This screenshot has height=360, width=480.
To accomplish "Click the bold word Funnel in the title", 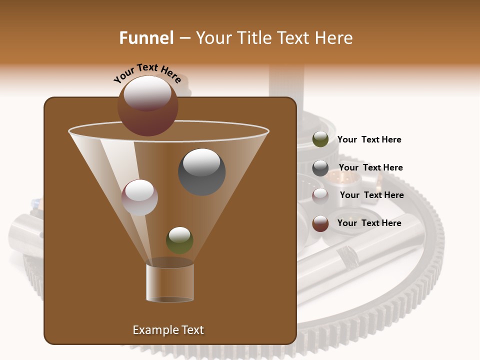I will pyautogui.click(x=146, y=38).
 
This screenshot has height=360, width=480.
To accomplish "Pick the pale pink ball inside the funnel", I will pyautogui.click(x=140, y=197).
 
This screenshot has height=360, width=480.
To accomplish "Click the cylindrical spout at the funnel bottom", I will pyautogui.click(x=170, y=282).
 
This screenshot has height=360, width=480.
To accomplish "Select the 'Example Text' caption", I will pyautogui.click(x=168, y=330).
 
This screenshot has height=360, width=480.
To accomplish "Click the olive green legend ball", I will pyautogui.click(x=320, y=139).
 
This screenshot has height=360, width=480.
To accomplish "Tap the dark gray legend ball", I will pyautogui.click(x=320, y=168).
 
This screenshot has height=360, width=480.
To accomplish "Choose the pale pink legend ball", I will pyautogui.click(x=320, y=195).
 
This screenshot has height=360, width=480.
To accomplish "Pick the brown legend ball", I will pyautogui.click(x=320, y=223).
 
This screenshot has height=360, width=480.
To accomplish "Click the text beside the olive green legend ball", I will pyautogui.click(x=369, y=139).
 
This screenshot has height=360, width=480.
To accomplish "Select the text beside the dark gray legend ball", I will pyautogui.click(x=370, y=167).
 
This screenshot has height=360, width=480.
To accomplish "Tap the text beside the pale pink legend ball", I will pyautogui.click(x=371, y=195).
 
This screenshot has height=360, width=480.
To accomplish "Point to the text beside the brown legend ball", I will pyautogui.click(x=369, y=223).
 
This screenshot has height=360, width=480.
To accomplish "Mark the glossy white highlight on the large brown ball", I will pyautogui.click(x=147, y=92).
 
